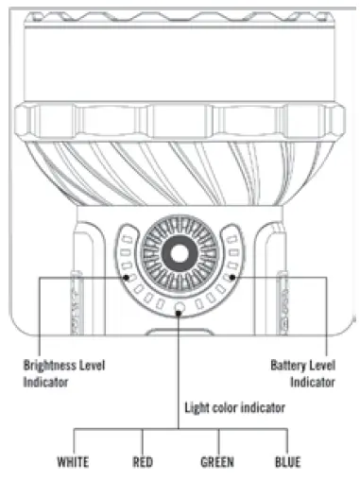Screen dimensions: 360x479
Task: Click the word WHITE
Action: (x=73, y=463)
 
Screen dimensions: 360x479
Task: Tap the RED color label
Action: (x=144, y=463)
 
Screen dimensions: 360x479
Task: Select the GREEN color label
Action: (x=217, y=463)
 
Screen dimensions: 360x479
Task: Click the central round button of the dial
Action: (x=179, y=256)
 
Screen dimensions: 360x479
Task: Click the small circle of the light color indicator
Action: (x=179, y=305)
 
